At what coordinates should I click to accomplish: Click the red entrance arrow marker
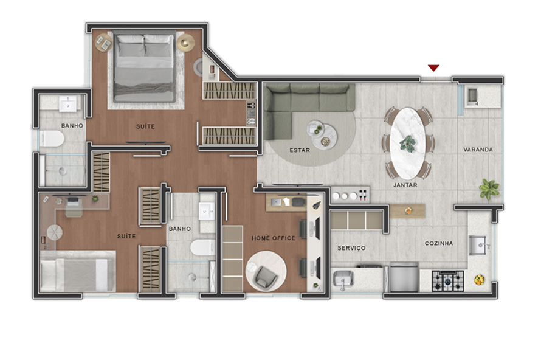tap(433, 67)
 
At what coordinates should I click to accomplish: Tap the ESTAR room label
tap(300, 150)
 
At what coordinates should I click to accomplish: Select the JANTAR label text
tap(405, 185)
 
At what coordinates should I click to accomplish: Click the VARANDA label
tap(478, 150)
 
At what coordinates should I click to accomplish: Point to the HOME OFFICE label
tap(274, 238)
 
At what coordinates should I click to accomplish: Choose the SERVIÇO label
tap(351, 248)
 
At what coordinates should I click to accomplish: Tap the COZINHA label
tap(438, 243)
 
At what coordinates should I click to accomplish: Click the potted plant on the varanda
tap(489, 189)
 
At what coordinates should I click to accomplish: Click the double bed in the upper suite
tap(144, 67)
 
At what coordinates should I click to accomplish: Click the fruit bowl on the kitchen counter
tap(480, 280)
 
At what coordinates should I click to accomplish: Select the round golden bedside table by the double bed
tap(186, 42)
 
